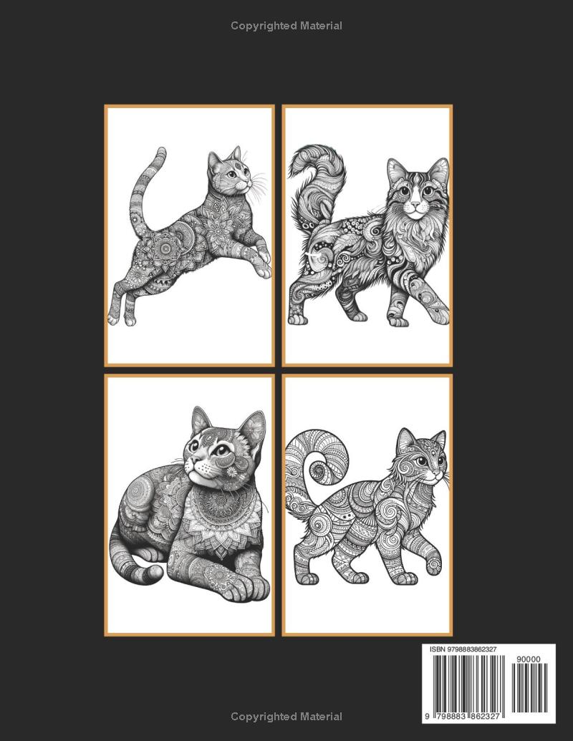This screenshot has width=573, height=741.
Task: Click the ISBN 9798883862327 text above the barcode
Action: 463,649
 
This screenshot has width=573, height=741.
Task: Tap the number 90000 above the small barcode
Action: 529,659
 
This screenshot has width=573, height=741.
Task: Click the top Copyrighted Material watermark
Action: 286,26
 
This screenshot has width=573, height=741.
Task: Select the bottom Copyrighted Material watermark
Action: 286,717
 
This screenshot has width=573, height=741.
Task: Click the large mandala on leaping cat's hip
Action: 166,245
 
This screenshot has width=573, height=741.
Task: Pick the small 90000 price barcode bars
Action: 529,688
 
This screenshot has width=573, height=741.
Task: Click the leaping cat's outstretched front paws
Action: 262,261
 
